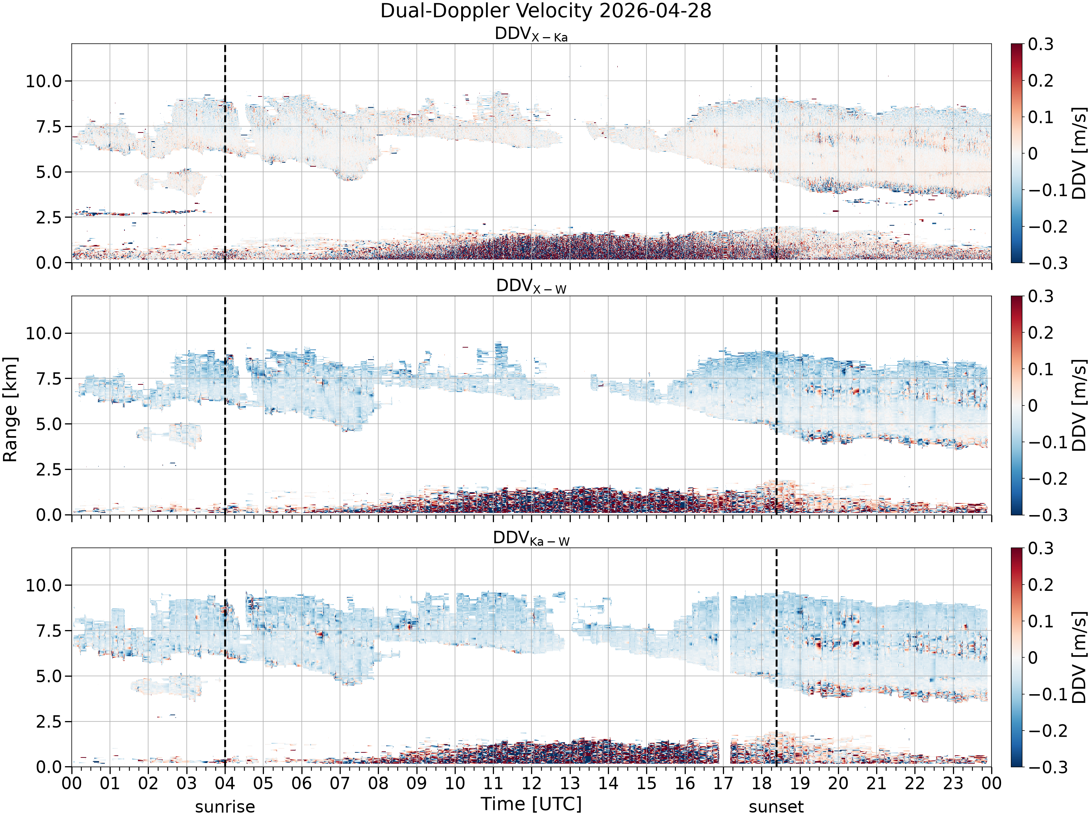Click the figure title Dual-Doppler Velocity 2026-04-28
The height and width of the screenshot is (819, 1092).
pyautogui.click(x=546, y=11)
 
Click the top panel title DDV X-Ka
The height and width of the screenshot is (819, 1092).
pyautogui.click(x=531, y=34)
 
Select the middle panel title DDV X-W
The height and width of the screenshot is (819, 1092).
pyautogui.click(x=531, y=286)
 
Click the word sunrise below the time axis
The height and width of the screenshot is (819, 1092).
pyautogui.click(x=225, y=807)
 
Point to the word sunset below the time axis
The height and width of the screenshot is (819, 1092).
pyautogui.click(x=776, y=807)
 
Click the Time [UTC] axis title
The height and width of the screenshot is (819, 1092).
pyautogui.click(x=531, y=804)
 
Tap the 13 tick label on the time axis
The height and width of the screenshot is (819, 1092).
pyautogui.click(x=570, y=783)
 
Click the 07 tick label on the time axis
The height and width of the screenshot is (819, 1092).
pyautogui.click(x=340, y=783)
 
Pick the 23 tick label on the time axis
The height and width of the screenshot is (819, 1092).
pyautogui.click(x=953, y=783)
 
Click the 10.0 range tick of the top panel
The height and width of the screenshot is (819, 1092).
pyautogui.click(x=44, y=81)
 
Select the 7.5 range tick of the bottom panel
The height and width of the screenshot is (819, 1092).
pyautogui.click(x=50, y=631)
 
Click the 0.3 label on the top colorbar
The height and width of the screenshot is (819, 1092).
pyautogui.click(x=1041, y=44)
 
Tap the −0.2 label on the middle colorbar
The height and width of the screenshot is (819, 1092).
pyautogui.click(x=1041, y=478)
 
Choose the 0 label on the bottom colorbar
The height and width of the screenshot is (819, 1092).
pyautogui.click(x=1033, y=658)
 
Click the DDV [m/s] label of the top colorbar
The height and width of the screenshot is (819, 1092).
pyautogui.click(x=1080, y=153)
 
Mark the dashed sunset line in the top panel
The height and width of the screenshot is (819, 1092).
pyautogui.click(x=776, y=153)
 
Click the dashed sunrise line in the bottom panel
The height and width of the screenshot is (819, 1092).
pyautogui.click(x=225, y=657)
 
